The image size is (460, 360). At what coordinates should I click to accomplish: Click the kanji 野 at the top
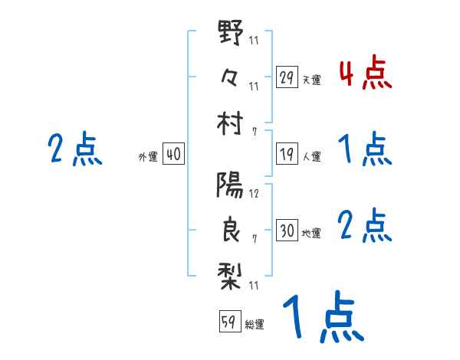coord(230,34)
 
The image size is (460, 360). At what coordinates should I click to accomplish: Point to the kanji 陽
coord(230,185)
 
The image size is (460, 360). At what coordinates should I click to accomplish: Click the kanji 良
coord(230,230)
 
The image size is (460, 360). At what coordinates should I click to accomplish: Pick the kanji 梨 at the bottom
coord(230,273)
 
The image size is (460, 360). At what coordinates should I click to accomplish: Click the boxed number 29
coord(287,77)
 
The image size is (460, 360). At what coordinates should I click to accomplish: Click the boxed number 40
coord(172,155)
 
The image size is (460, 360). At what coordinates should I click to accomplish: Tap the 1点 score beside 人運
coord(364,149)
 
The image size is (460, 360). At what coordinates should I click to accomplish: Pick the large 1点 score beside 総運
coord(321,318)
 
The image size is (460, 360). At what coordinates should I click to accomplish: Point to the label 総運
coord(254,324)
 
